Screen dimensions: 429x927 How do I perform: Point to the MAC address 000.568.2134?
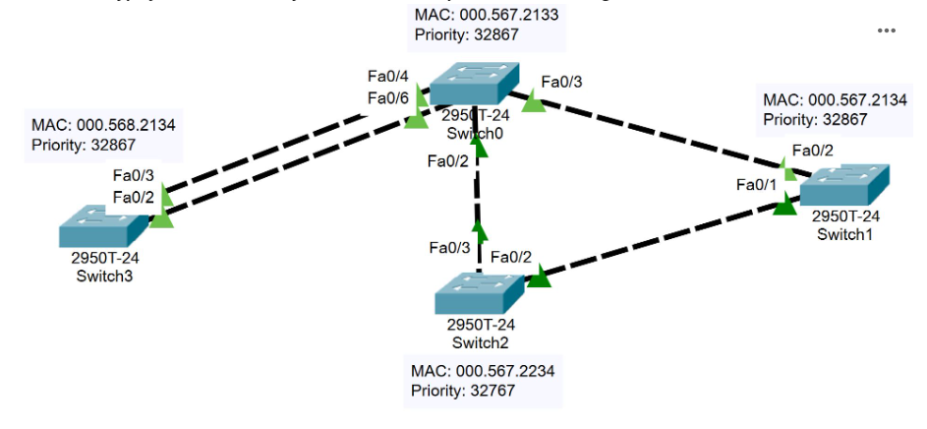pos(126,125)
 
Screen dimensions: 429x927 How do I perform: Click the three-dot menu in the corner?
pos(886,31)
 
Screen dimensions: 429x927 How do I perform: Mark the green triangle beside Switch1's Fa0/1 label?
pos(784,205)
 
